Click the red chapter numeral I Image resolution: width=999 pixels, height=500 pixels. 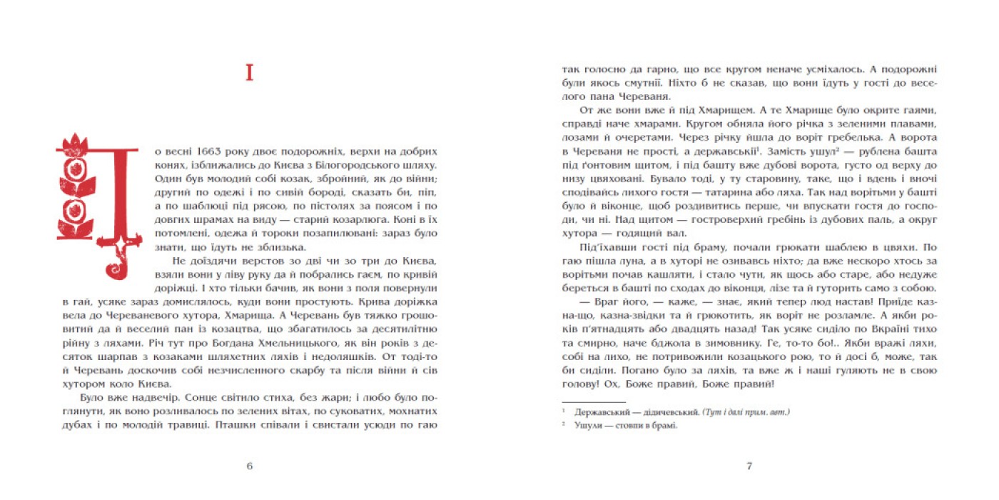249,73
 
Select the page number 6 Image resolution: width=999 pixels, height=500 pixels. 250,466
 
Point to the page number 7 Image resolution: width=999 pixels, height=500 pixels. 749,466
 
